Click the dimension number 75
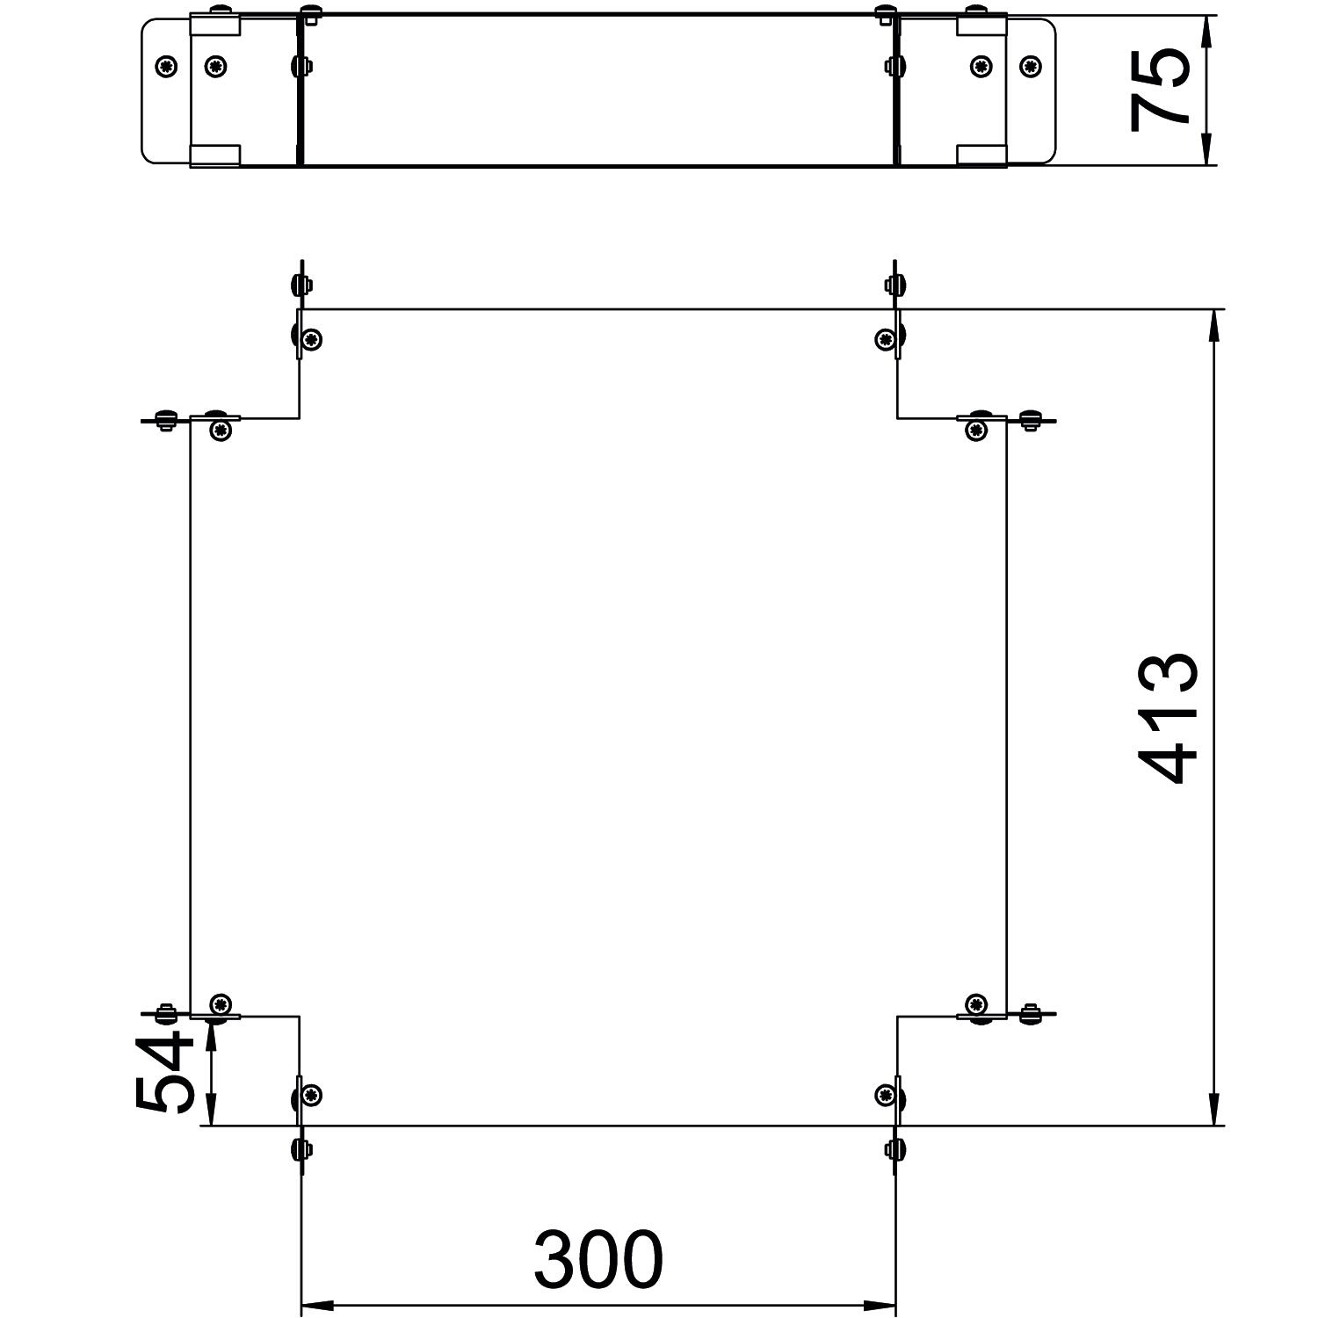pos(1160,90)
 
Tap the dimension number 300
pos(598,1258)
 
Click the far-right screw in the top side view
pos(1029,66)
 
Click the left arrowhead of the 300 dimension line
pos(317,1306)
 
